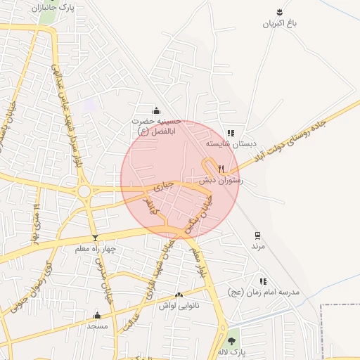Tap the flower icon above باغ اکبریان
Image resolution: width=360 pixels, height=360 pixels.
tap(281, 12)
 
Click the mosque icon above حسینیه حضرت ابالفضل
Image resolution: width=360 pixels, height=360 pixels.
tap(156, 110)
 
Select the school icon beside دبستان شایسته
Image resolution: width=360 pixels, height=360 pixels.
tap(231, 133)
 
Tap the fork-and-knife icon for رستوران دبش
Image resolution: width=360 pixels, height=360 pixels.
tap(221, 169)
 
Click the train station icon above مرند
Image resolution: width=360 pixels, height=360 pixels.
tap(258, 236)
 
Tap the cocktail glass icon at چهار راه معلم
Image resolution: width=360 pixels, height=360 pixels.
tap(96, 238)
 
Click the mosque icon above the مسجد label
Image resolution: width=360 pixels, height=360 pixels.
tap(97, 315)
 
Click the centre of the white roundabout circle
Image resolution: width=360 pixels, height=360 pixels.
tap(84, 191)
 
